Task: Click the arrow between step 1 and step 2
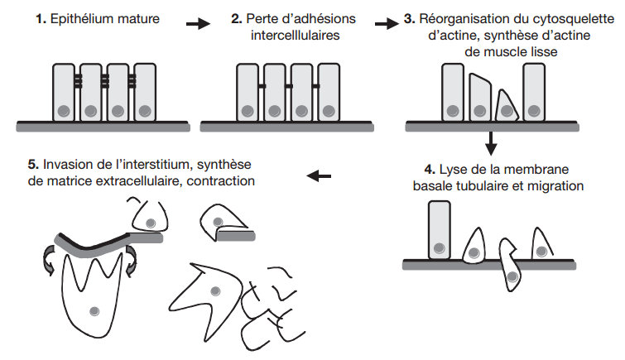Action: pyautogui.click(x=197, y=24)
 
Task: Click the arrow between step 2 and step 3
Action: pyautogui.click(x=387, y=24)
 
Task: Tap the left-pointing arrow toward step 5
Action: pyautogui.click(x=318, y=175)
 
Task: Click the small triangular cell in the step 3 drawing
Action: pyautogui.click(x=507, y=107)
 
